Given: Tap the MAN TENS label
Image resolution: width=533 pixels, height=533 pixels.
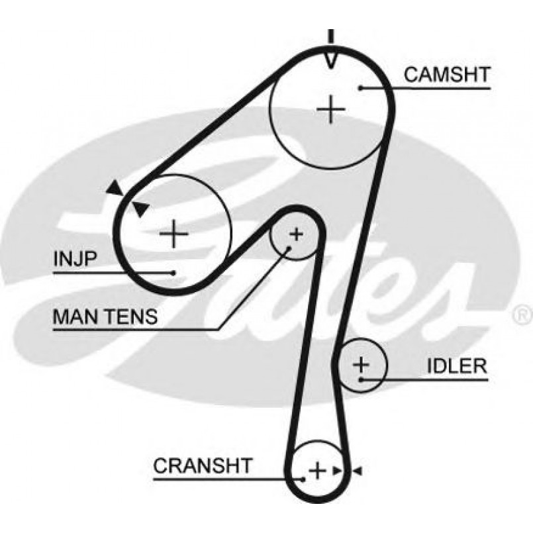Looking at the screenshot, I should [x=105, y=316].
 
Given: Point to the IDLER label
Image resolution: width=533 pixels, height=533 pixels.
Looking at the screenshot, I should [x=456, y=366].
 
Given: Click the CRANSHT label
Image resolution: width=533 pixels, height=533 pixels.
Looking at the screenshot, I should [x=203, y=465].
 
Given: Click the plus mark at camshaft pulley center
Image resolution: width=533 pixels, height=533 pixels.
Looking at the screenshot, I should [x=330, y=109].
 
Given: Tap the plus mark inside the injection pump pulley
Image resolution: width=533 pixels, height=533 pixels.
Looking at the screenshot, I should [x=174, y=232].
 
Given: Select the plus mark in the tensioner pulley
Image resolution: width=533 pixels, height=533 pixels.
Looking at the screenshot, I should [x=296, y=233].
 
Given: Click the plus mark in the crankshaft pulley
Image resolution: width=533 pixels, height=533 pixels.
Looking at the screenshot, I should [x=318, y=470].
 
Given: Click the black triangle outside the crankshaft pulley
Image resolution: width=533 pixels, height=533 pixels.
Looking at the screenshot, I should [x=356, y=470].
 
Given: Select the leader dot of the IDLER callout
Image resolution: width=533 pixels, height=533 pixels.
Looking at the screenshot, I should [x=361, y=379].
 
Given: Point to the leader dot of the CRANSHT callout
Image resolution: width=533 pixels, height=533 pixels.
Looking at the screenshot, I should [x=303, y=477].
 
